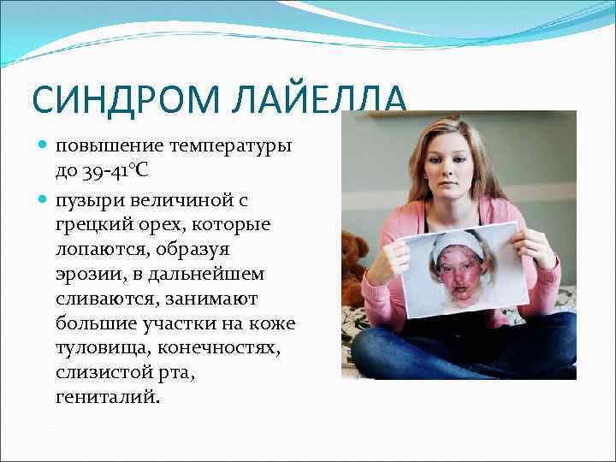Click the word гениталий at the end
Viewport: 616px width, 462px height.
[x=106, y=398]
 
